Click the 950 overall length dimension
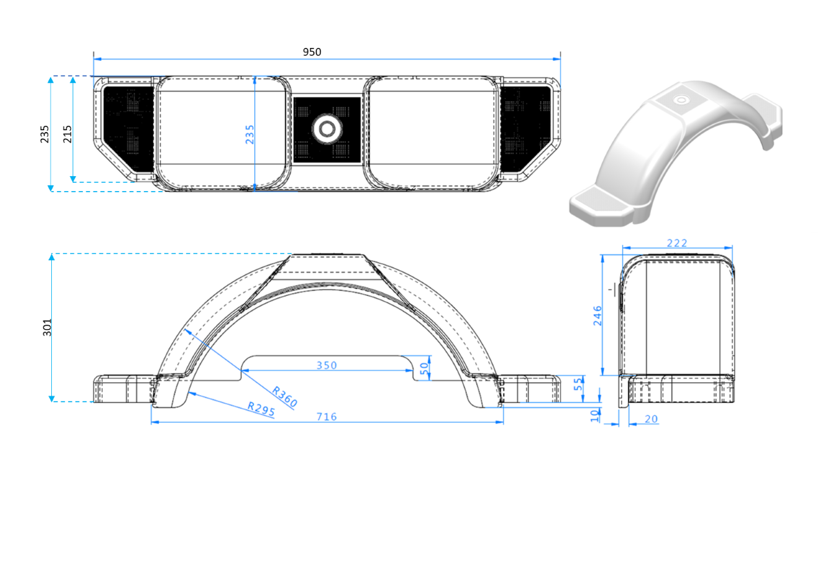click(312, 52)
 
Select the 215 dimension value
click(67, 133)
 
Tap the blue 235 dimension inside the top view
click(250, 133)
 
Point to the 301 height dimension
click(47, 327)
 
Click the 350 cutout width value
click(326, 365)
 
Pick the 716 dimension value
click(326, 416)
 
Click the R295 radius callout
click(262, 410)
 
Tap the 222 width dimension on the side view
click(676, 242)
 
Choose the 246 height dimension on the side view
click(597, 315)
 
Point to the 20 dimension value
click(651, 419)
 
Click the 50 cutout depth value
click(425, 368)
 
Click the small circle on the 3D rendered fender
click(681, 100)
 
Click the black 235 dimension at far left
click(45, 133)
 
